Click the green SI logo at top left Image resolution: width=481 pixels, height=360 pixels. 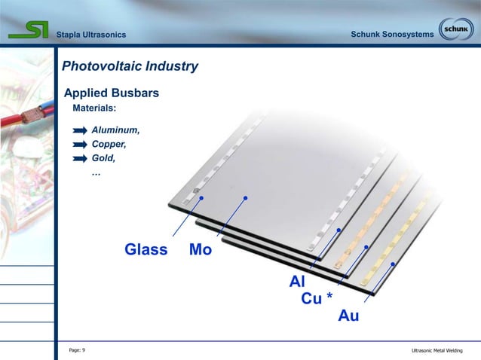tap(29, 30)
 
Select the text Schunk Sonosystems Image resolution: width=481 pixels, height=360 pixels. tap(392, 35)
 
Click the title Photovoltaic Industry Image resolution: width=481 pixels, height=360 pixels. tap(130, 66)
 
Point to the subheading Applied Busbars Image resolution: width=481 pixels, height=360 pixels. tap(111, 94)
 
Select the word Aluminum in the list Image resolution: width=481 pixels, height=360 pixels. tap(115, 130)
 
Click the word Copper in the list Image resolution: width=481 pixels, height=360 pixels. tap(109, 144)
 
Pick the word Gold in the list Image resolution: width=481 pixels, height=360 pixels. tap(103, 158)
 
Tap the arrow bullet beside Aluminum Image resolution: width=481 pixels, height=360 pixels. tap(80, 131)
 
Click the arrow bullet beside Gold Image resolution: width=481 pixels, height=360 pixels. tap(80, 159)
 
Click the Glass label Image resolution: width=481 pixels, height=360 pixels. tap(146, 250)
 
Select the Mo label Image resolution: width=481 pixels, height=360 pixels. tap(201, 250)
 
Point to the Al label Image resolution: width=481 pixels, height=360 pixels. tap(297, 282)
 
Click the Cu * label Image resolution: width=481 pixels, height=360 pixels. tap(317, 299)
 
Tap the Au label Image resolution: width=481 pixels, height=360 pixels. tap(348, 316)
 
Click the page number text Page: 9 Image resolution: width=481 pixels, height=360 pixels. tap(77, 350)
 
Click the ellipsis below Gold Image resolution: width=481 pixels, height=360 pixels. tap(96, 172)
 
